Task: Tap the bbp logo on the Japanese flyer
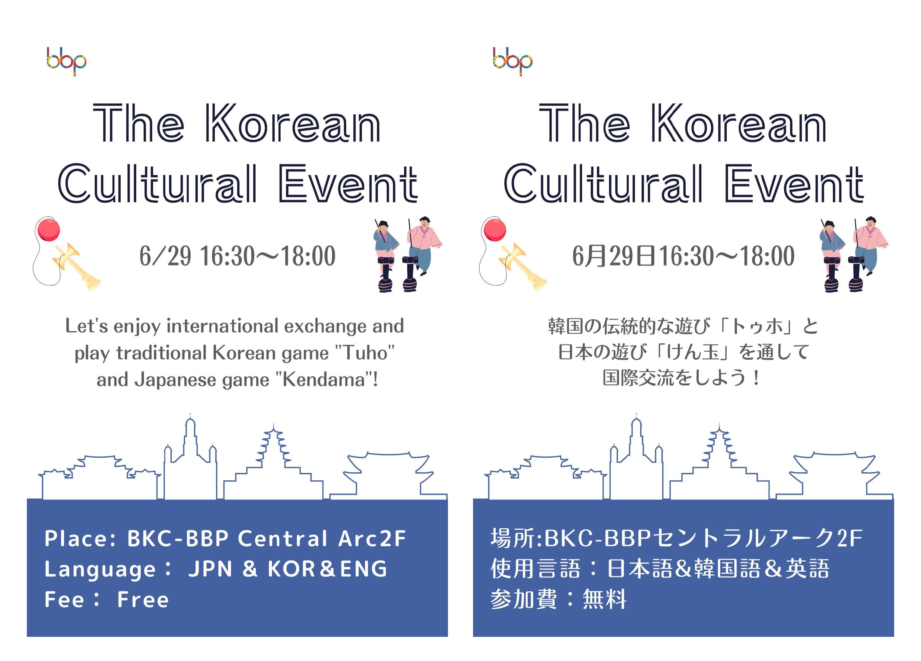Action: pos(513,61)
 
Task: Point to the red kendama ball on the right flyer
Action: pos(495,229)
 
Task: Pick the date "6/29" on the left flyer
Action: pos(165,256)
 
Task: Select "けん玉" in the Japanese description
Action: pos(692,352)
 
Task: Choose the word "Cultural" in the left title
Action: pos(157,184)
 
